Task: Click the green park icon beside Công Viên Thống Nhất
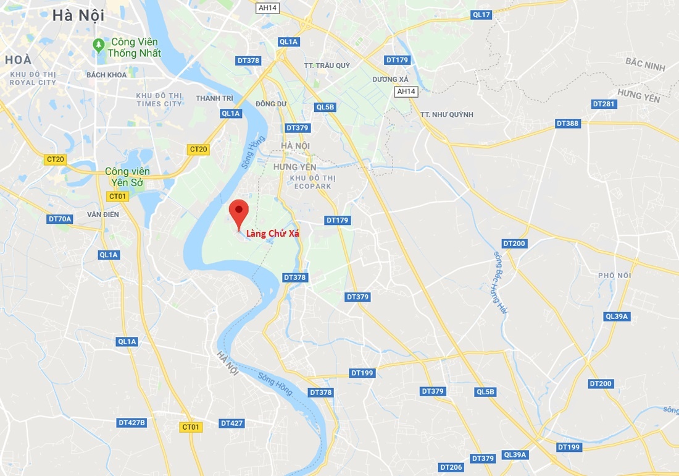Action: [x=98, y=45]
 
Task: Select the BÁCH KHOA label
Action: [x=107, y=75]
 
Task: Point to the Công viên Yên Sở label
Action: [x=128, y=176]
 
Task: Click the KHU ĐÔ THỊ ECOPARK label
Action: [x=313, y=182]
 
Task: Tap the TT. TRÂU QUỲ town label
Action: [x=327, y=66]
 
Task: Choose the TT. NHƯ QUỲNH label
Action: [x=446, y=114]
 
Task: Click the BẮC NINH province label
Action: [x=645, y=64]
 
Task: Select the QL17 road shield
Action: [x=481, y=14]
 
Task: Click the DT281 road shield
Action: [x=603, y=104]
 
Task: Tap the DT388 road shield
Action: [x=567, y=124]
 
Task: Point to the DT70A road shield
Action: [x=60, y=219]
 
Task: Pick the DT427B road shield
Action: [x=131, y=423]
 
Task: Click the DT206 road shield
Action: [x=451, y=467]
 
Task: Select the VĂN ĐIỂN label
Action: [x=102, y=214]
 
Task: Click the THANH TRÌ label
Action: [x=214, y=98]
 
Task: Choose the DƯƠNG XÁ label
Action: [x=390, y=80]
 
